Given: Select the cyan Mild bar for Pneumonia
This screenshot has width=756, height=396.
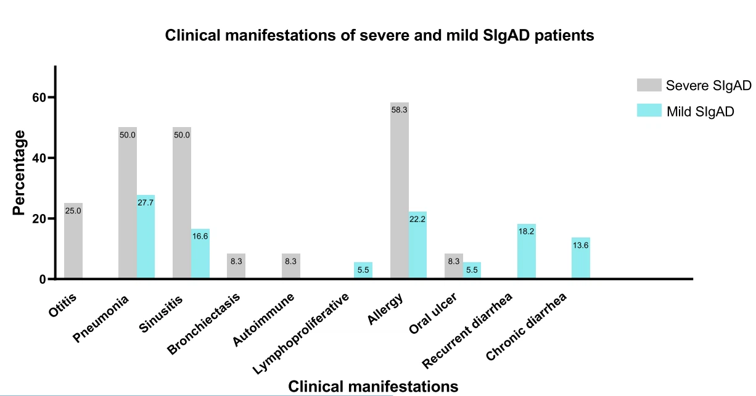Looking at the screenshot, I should pos(146,237).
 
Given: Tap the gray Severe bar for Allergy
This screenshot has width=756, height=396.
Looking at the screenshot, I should pos(399,191).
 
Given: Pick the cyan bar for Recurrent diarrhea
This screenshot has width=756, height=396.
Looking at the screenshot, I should pos(526,252).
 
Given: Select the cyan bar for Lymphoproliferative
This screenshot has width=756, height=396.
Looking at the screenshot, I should pos(363,271).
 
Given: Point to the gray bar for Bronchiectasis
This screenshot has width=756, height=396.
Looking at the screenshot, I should pos(236,266).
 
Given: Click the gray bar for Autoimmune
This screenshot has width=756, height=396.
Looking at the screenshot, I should pos(290,266).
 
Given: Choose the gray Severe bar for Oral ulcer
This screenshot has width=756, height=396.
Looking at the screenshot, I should pos(453,266).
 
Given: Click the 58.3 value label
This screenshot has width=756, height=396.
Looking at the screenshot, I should pos(399,110).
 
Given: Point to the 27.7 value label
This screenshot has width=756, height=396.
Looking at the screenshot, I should pos(146,202).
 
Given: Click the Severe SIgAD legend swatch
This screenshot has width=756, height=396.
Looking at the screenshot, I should pos(649,85).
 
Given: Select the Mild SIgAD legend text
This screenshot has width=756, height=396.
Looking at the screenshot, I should pos(700,112).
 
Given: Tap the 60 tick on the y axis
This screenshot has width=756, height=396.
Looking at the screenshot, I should pos(39,97).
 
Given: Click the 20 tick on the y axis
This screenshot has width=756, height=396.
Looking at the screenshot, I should pos(39,219).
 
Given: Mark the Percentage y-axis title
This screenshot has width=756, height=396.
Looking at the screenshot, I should pos(20,173).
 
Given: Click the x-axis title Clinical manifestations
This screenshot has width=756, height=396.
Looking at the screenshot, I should pos(373,386).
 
